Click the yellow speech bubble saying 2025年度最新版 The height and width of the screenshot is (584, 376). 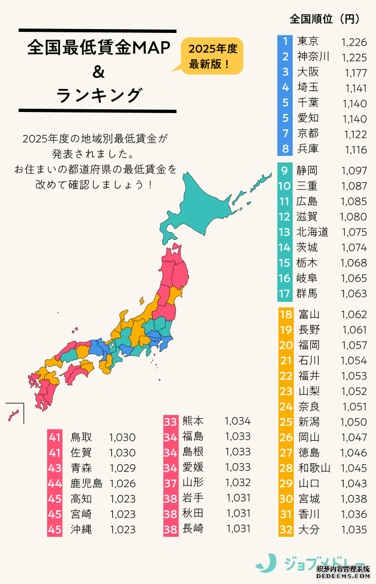pyautogui.click(x=212, y=56)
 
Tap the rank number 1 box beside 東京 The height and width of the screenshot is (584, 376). pyautogui.click(x=285, y=41)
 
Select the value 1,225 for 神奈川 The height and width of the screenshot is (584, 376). pyautogui.click(x=354, y=57)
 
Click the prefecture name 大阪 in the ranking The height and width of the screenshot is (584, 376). pyautogui.click(x=307, y=72)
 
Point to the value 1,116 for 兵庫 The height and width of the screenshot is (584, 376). pyautogui.click(x=354, y=149)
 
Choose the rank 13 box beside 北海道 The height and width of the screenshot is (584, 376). pyautogui.click(x=285, y=232)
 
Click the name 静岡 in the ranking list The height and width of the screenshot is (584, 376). pyautogui.click(x=307, y=171)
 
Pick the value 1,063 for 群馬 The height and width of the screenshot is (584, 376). pyautogui.click(x=354, y=294)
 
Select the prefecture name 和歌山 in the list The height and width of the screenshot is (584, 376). pyautogui.click(x=314, y=468)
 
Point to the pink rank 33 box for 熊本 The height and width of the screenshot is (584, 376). pyautogui.click(x=170, y=421)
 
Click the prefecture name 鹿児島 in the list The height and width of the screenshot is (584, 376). pyautogui.click(x=87, y=484)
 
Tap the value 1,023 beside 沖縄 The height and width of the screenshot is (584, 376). pyautogui.click(x=122, y=530)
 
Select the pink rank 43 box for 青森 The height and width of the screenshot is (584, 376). pyautogui.click(x=55, y=468)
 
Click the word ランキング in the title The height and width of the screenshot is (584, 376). pyautogui.click(x=99, y=95)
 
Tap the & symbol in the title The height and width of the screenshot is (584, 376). pyautogui.click(x=98, y=71)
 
